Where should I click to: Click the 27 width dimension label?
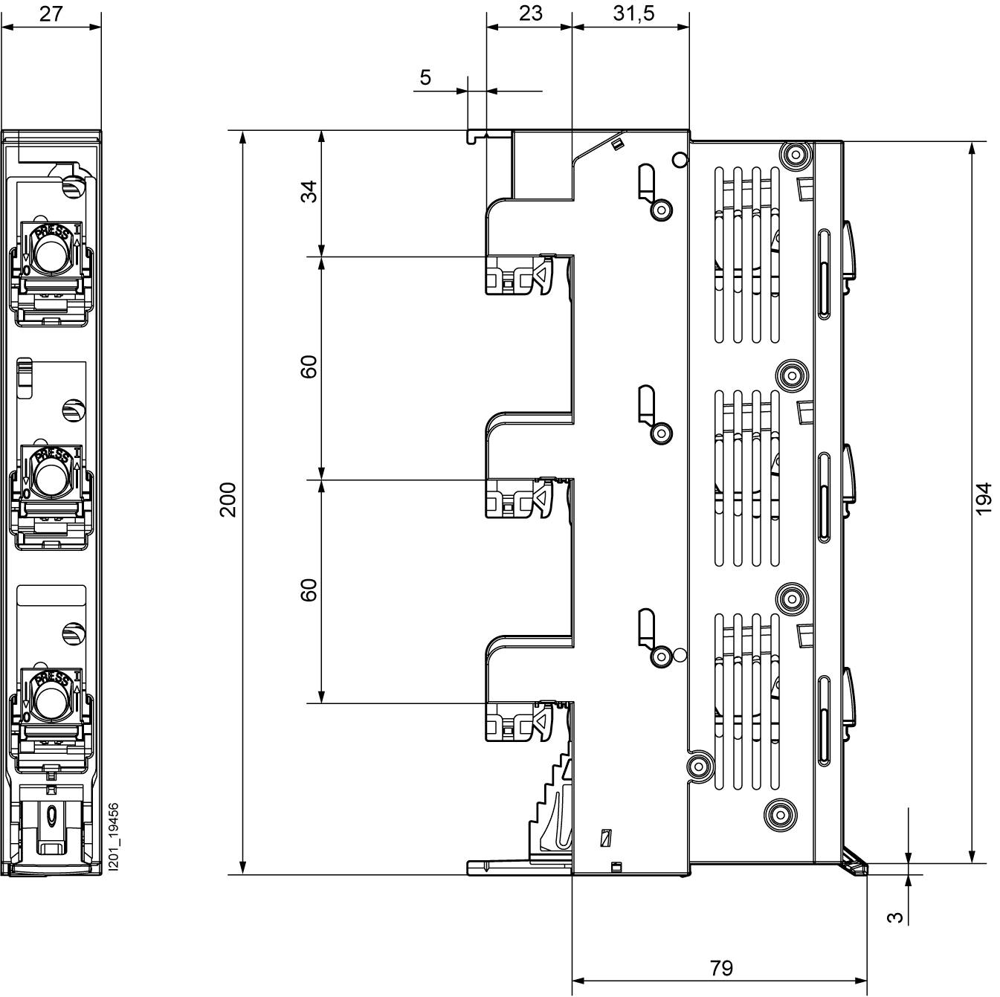51,13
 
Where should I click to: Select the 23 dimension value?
530,13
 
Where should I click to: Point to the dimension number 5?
425,77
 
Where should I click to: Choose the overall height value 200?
228,500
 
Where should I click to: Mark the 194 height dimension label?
984,499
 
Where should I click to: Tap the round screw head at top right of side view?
795,155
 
